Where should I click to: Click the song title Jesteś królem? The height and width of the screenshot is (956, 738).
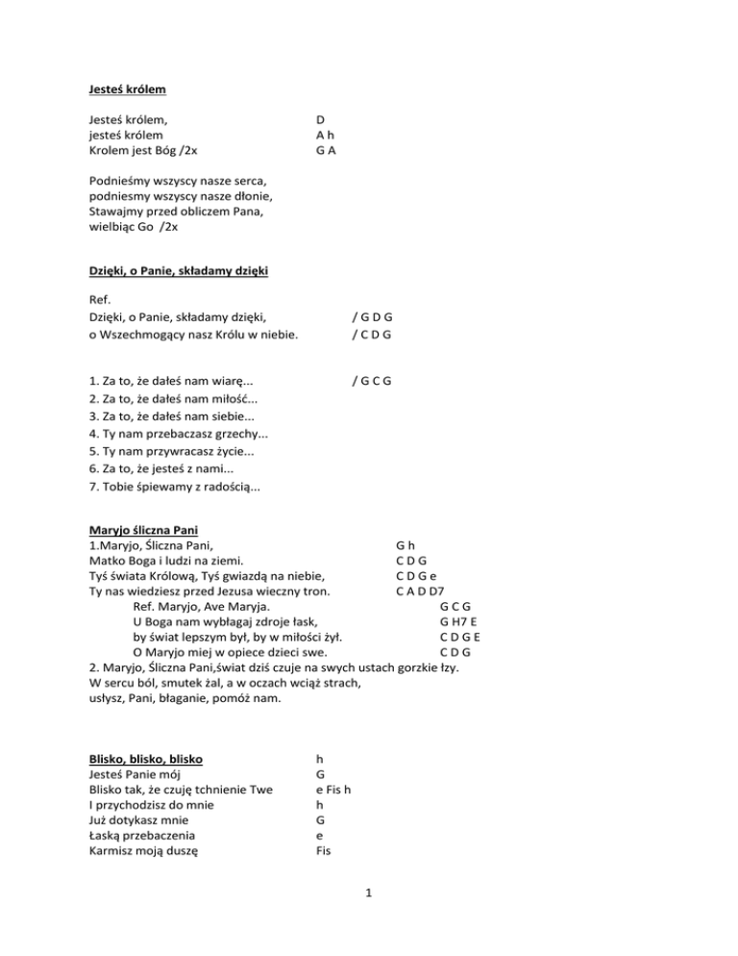126,89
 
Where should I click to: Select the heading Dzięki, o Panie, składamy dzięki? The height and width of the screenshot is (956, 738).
178,271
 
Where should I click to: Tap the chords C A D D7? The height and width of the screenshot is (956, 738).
420,591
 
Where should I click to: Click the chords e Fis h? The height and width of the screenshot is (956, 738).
333,789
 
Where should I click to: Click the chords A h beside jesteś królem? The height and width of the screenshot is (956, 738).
325,136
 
